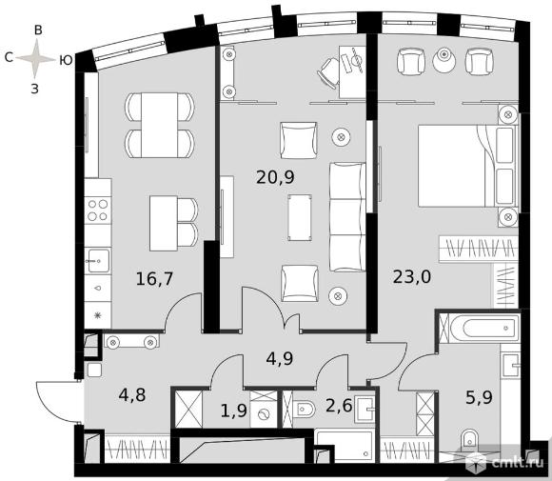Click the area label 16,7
(154, 279)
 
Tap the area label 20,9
(275, 177)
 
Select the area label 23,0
(412, 276)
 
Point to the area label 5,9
(479, 397)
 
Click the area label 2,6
(339, 405)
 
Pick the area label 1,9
(234, 411)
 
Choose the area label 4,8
(132, 395)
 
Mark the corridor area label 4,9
(280, 359)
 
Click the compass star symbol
(35, 58)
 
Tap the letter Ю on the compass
(66, 60)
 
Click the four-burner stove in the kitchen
(98, 210)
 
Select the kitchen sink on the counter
(98, 261)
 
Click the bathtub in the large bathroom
(484, 328)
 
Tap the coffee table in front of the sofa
(300, 217)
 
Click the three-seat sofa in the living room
(347, 217)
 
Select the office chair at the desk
(328, 73)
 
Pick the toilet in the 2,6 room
(305, 410)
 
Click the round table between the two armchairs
(444, 60)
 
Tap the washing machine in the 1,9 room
(264, 414)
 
